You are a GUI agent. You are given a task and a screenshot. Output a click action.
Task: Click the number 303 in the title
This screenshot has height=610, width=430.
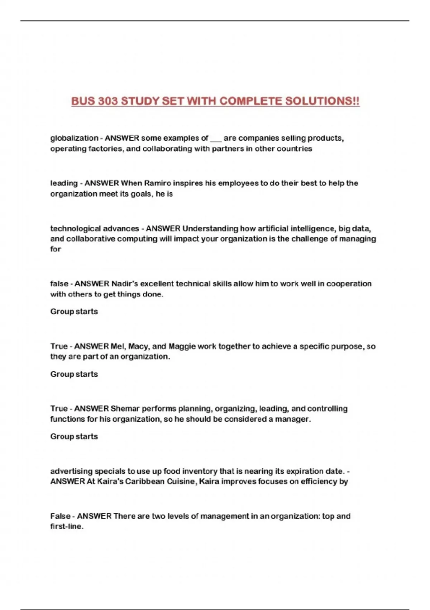(x=108, y=101)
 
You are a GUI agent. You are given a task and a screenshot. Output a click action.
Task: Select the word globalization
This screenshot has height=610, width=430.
(x=74, y=138)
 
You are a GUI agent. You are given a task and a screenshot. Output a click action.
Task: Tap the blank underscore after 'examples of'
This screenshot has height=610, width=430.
(x=216, y=139)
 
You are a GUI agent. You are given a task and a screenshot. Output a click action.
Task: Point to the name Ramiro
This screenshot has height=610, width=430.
(x=157, y=183)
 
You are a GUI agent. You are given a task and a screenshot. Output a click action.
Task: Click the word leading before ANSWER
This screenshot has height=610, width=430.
(x=64, y=183)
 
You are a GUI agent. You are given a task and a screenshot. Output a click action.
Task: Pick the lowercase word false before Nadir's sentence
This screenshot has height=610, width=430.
(x=59, y=284)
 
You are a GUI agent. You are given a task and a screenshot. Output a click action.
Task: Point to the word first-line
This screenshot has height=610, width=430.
(x=67, y=527)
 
